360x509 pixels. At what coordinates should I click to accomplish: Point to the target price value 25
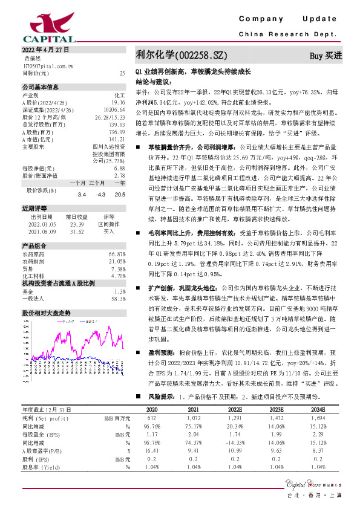[123, 73]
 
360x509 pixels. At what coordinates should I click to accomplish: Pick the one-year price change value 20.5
[120, 195]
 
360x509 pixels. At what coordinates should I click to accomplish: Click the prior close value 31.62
[77, 231]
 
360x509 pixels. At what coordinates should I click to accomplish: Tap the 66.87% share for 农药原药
[117, 254]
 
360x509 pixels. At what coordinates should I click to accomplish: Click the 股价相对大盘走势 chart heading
[47, 313]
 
